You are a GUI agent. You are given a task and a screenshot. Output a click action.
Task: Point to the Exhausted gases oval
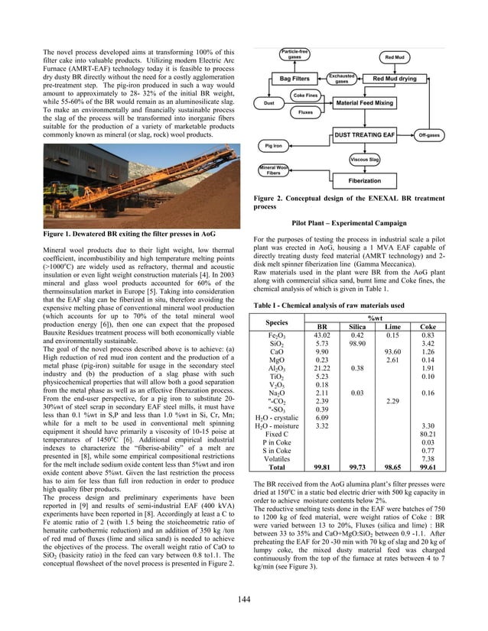point(340,79)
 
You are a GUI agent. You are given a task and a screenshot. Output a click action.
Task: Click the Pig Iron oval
point(273,144)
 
